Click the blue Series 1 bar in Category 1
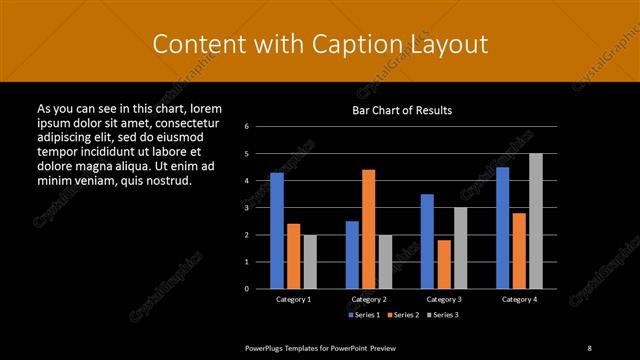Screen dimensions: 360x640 pos(277,230)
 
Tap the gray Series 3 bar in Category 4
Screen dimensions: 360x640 pos(536,220)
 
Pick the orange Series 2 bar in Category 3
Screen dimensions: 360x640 pos(444,263)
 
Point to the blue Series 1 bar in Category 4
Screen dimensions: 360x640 pos(503,227)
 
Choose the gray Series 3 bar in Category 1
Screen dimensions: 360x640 pos(310,261)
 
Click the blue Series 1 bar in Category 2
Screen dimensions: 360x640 pos(352,254)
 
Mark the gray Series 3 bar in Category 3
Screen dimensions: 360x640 pos(460,247)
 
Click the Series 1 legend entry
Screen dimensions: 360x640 pos(364,315)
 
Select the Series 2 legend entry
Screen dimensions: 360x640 pos(402,315)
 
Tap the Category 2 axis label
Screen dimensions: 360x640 pos(369,299)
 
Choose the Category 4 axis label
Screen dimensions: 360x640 pos(519,299)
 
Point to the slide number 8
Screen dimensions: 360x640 pos(590,347)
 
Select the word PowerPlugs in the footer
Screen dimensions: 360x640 pos(267,347)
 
